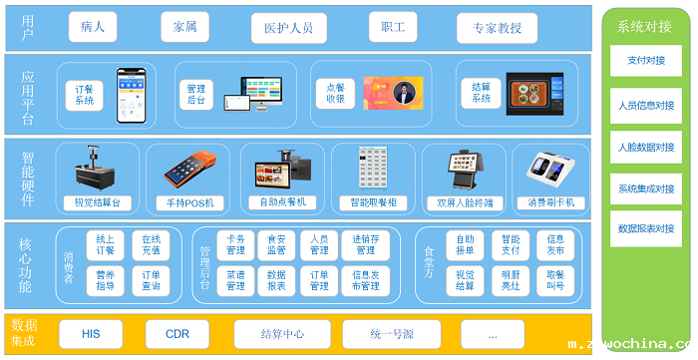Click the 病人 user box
click(x=93, y=27)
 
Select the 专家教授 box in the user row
click(x=498, y=27)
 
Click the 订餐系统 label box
click(x=85, y=95)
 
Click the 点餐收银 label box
click(x=335, y=93)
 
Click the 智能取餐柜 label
click(x=373, y=202)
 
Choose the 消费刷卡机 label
click(x=551, y=202)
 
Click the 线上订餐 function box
click(x=105, y=245)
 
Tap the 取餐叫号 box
click(x=555, y=280)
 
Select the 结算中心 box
click(x=282, y=333)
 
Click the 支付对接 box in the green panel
click(x=645, y=60)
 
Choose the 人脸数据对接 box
click(x=645, y=147)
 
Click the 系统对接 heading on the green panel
click(x=645, y=27)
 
